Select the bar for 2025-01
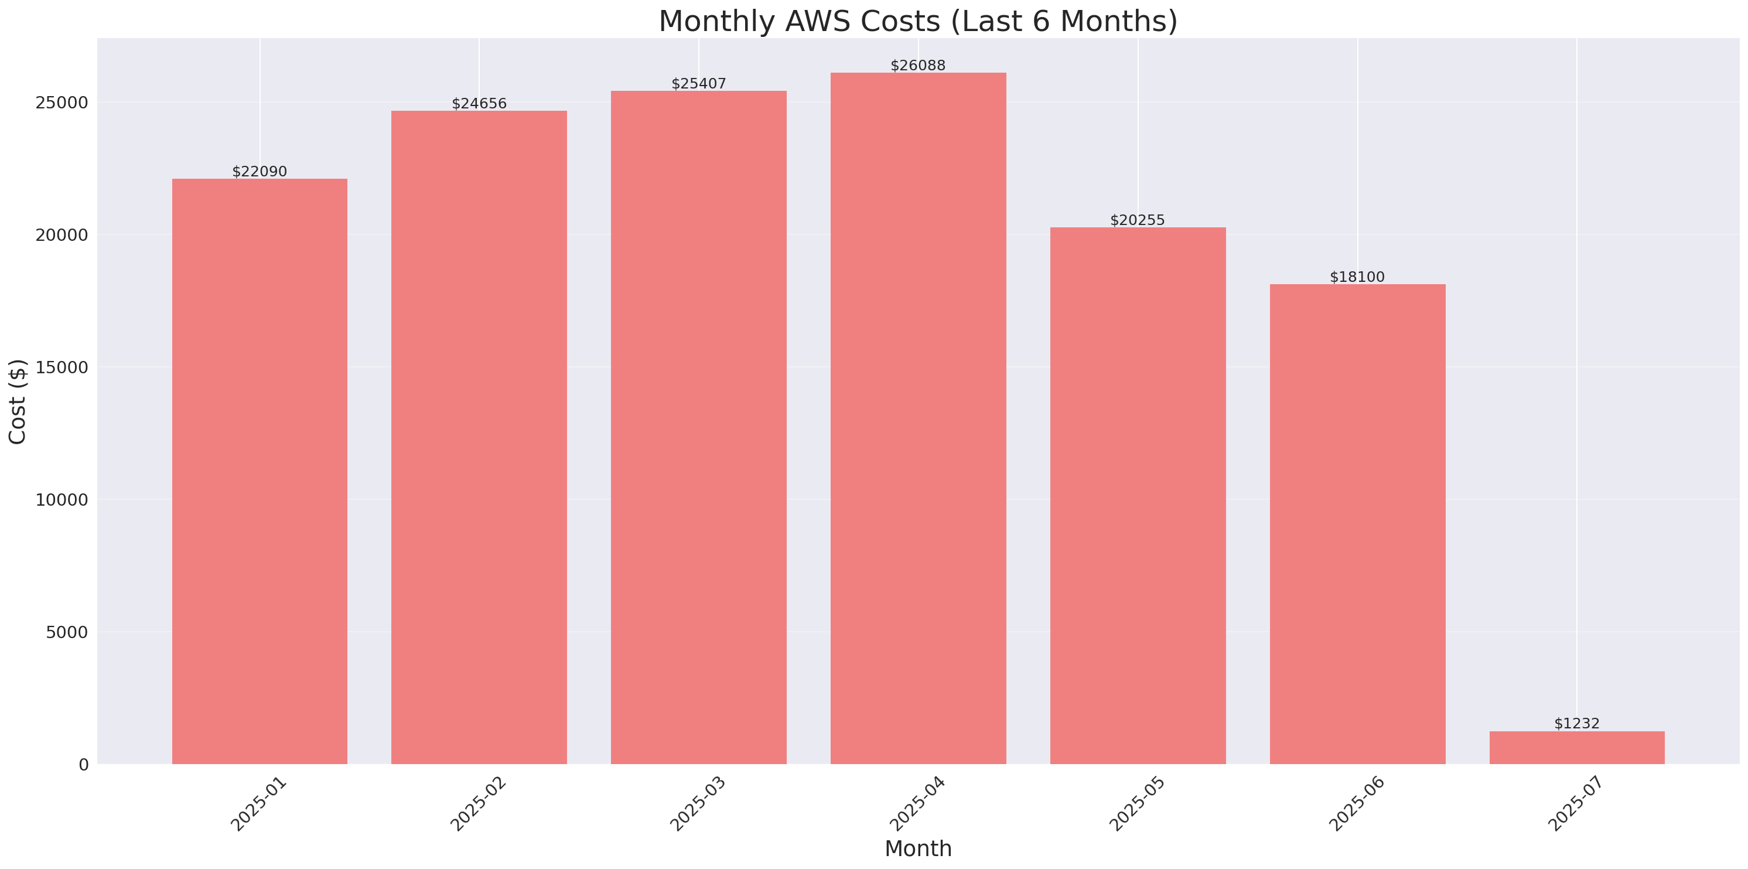(260, 471)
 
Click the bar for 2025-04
(918, 418)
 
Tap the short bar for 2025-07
(1577, 748)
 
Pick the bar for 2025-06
(1357, 524)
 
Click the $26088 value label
(918, 65)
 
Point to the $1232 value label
(1577, 724)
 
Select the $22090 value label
(260, 171)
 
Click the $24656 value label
(479, 103)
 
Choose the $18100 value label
(1357, 277)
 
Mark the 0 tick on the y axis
(83, 765)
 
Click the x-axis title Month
(918, 848)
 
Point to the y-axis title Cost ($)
(17, 401)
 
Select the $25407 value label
(698, 84)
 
